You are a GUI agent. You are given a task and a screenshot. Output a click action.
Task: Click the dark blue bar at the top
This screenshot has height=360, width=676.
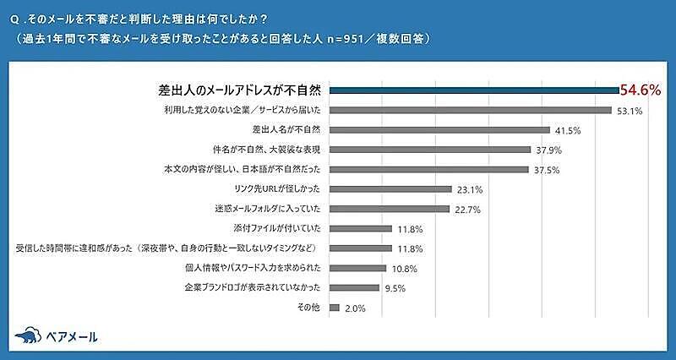[473, 90]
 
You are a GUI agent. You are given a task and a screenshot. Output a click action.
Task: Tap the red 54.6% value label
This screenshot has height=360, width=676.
[640, 90]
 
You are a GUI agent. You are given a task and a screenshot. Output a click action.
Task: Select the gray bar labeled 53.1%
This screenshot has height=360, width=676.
[470, 110]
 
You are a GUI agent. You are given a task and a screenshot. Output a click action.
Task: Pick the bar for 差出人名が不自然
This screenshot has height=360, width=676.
[439, 130]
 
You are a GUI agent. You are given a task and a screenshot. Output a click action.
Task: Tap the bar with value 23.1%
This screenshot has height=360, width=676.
[390, 188]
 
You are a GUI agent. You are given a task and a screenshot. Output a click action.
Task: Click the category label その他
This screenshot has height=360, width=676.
[310, 308]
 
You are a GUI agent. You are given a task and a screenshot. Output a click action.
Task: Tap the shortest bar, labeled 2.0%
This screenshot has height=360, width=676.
[335, 308]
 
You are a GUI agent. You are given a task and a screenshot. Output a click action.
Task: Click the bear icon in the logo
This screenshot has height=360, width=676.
[28, 335]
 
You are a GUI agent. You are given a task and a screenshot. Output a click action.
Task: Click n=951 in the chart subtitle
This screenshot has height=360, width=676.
[339, 38]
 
